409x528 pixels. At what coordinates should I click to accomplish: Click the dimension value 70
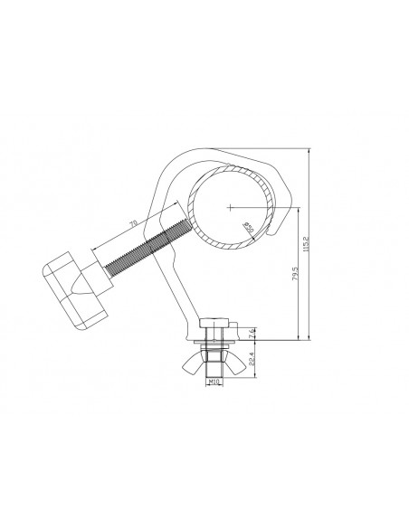click(x=132, y=221)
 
